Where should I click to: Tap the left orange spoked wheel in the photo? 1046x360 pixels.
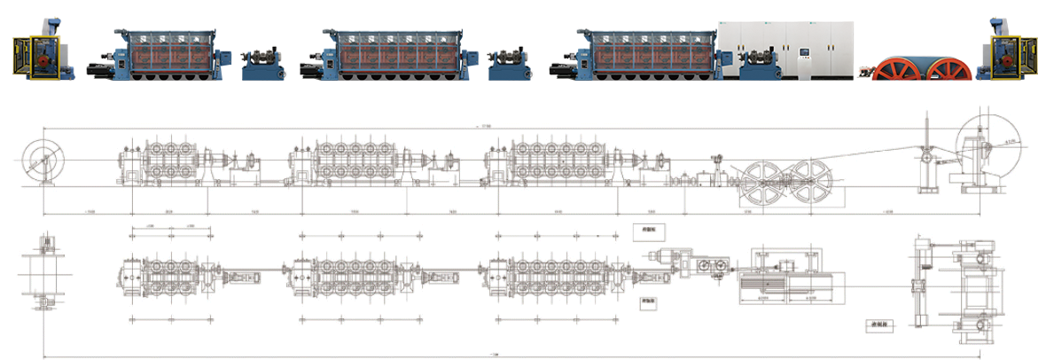(x=896, y=68)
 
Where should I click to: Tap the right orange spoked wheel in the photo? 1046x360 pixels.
(x=947, y=68)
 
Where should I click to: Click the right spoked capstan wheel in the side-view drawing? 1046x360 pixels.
(x=815, y=184)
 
